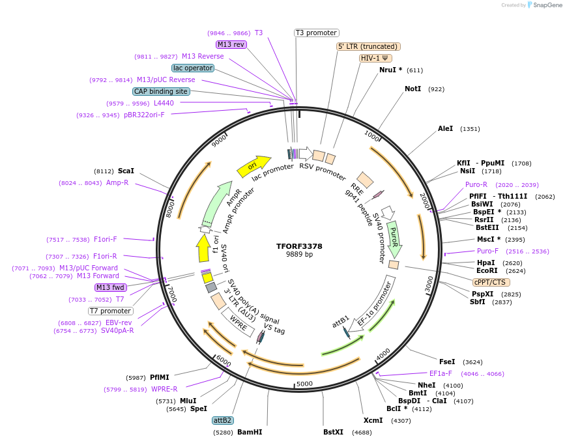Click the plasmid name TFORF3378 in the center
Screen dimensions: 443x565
tap(299, 246)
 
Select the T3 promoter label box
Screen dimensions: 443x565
tap(316, 33)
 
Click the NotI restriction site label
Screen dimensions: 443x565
tap(413, 89)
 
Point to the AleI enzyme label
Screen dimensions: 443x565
tap(445, 129)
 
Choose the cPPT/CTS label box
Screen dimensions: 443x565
tap(491, 282)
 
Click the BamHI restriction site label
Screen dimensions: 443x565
tap(250, 432)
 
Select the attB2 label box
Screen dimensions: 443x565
tap(223, 420)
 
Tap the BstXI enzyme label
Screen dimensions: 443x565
tap(333, 432)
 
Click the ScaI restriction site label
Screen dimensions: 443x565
tap(126, 171)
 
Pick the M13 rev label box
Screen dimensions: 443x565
tap(231, 44)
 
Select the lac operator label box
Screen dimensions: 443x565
tap(193, 68)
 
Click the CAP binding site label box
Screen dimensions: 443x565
tap(161, 91)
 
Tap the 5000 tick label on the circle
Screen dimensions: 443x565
tap(304, 384)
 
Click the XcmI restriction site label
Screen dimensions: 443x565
tap(373, 420)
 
